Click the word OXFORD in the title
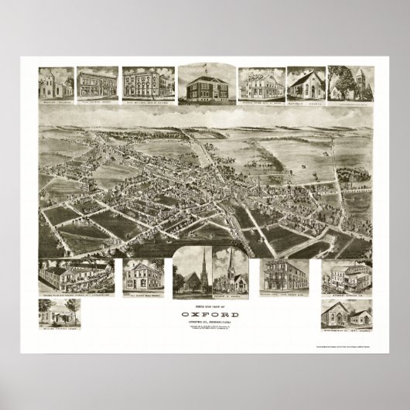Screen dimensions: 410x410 coord(205,316)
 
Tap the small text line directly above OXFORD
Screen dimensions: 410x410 coord(205,309)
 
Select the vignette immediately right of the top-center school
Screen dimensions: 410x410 coord(260,86)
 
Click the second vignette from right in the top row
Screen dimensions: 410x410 coord(305,86)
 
